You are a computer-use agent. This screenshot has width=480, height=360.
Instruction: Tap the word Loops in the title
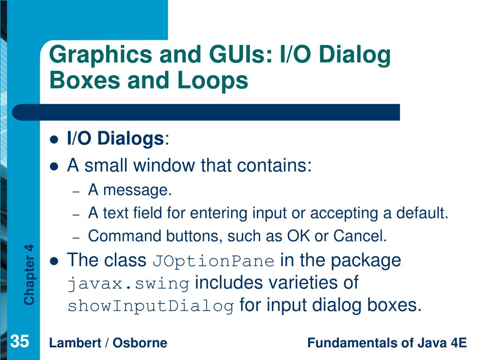point(213,81)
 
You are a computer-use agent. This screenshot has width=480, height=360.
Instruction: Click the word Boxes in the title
point(85,80)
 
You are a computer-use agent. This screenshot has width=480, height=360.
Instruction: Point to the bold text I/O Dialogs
point(115,139)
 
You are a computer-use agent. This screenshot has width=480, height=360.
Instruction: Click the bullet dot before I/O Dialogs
point(54,140)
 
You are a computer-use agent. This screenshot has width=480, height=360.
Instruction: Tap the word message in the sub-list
point(137,190)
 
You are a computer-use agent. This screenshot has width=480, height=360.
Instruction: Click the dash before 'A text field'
point(76,215)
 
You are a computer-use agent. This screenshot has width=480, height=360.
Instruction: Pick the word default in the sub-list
point(422,213)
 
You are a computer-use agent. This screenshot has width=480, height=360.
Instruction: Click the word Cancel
point(360,236)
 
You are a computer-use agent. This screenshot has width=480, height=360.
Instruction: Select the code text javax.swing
point(128,284)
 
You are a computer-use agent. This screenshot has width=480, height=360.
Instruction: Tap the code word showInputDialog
point(151,306)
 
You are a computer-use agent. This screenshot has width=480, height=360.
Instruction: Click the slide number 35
point(20,341)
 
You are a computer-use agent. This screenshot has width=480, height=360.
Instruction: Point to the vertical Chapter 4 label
point(29,275)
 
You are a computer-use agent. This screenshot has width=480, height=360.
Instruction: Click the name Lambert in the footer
point(75,343)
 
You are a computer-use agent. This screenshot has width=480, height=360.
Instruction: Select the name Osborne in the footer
point(140,343)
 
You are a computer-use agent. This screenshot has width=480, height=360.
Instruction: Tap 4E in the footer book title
point(458,343)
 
